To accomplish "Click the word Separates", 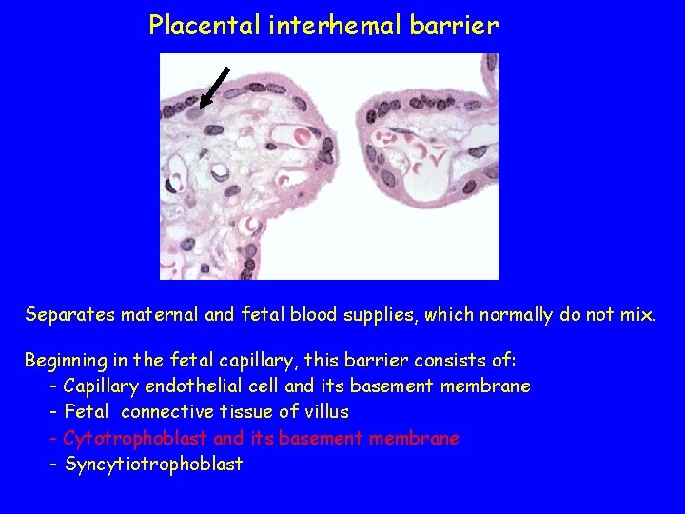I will pyautogui.click(x=69, y=314).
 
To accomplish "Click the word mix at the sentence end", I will pyautogui.click(x=637, y=314).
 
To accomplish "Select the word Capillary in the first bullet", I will pyautogui.click(x=100, y=387).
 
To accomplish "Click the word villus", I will pyautogui.click(x=324, y=412).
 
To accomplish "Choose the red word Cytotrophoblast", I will pyautogui.click(x=135, y=439).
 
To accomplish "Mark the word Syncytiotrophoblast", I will pyautogui.click(x=153, y=465).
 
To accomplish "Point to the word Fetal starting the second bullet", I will pyautogui.click(x=87, y=412).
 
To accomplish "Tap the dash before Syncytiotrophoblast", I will pyautogui.click(x=53, y=465).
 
